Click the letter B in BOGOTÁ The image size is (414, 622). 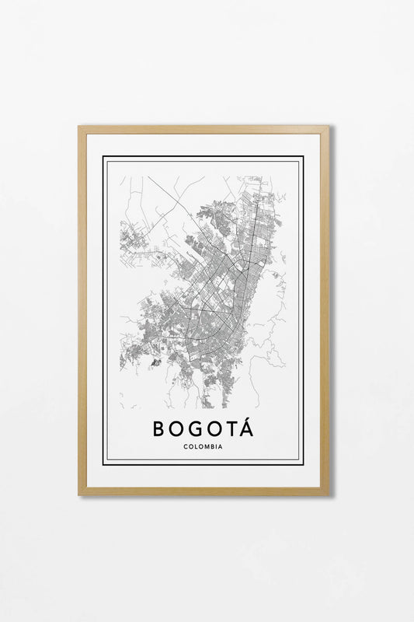[160, 428]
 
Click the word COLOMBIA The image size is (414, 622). [204, 446]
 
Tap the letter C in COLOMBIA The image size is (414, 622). [186, 446]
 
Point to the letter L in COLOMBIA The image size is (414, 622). [196, 446]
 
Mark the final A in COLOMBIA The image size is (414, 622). [221, 446]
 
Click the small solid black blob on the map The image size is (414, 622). [155, 362]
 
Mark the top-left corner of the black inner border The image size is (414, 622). [103, 157]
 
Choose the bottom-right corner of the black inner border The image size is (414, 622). [303, 464]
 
